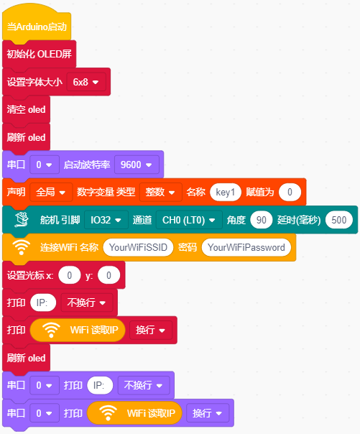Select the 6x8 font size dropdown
pyautogui.click(x=86, y=82)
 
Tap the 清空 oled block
pyautogui.click(x=26, y=110)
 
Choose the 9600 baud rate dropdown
pyautogui.click(x=137, y=165)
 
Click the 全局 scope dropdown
pyautogui.click(x=51, y=192)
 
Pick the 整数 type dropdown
pyautogui.click(x=161, y=192)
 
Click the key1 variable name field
pyautogui.click(x=226, y=192)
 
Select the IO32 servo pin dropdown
pyautogui.click(x=106, y=220)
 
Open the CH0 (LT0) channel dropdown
pyautogui.click(x=189, y=220)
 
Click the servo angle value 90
pyautogui.click(x=262, y=220)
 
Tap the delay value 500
pyautogui.click(x=339, y=220)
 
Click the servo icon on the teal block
pyautogui.click(x=22, y=220)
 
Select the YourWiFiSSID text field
pyautogui.click(x=138, y=247)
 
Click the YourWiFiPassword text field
pyautogui.click(x=246, y=247)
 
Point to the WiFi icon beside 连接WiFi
pyautogui.click(x=21, y=247)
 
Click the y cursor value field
pyautogui.click(x=109, y=275)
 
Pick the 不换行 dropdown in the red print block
pyautogui.click(x=87, y=303)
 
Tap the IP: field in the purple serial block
pyautogui.click(x=100, y=385)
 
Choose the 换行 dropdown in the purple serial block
pyautogui.click(x=208, y=413)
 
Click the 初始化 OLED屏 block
pyautogui.click(x=39, y=55)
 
